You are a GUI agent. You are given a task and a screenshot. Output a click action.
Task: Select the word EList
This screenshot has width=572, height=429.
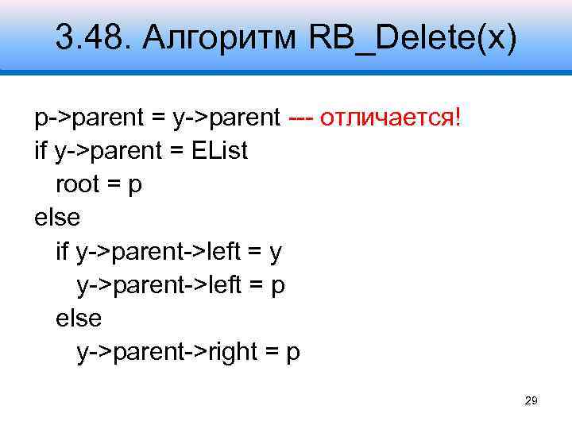click(219, 151)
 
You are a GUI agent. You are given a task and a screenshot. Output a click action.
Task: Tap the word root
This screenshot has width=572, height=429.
click(77, 184)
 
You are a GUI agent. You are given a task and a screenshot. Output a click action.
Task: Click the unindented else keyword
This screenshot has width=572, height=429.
click(57, 218)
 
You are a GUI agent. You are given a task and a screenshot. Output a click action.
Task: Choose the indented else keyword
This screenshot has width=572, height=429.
click(79, 318)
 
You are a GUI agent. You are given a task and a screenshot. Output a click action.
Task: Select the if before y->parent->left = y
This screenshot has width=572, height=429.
click(63, 251)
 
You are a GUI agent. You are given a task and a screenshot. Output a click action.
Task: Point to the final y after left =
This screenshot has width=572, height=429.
click(276, 253)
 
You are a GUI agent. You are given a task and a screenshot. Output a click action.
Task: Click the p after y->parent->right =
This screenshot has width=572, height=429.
click(293, 353)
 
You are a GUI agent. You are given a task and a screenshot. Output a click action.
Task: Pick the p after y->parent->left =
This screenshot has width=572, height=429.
click(278, 286)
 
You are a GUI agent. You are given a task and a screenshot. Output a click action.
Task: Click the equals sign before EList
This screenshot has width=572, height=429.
click(177, 151)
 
